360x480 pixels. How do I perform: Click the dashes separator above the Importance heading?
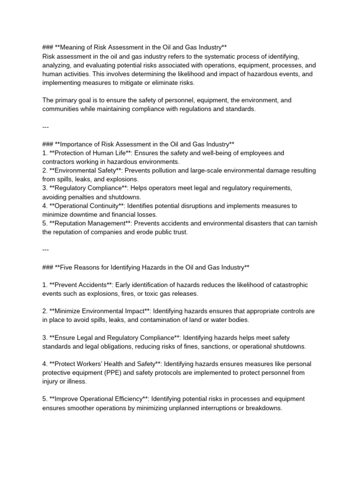click(x=45, y=127)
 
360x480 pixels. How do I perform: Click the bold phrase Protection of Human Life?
click(x=88, y=153)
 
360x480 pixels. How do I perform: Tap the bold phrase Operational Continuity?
click(x=87, y=205)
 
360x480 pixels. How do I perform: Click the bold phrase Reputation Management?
click(x=90, y=223)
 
